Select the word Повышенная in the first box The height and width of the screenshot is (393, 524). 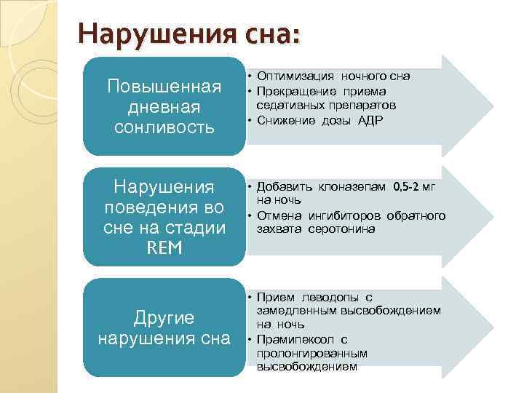point(164,87)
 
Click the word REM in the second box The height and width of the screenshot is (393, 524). point(164,248)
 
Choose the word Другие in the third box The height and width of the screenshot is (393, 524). point(164,317)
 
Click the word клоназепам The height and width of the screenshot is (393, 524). point(352,187)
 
